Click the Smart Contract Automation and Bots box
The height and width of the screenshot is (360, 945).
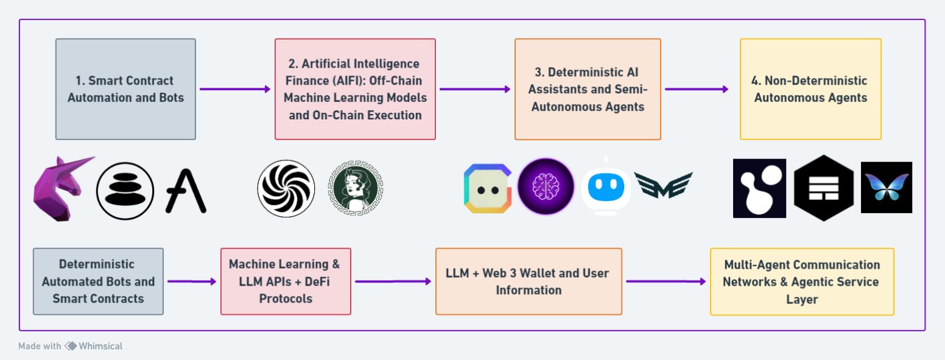point(125,90)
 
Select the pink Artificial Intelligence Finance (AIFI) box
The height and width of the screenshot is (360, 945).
point(355,90)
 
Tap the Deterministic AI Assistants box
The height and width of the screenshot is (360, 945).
point(588,90)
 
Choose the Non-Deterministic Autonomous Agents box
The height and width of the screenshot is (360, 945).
point(810,90)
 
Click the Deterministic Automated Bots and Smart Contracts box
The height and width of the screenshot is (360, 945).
point(98,281)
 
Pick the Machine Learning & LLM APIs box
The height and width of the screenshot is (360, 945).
point(286,281)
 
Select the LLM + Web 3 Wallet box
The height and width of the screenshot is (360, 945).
point(529,281)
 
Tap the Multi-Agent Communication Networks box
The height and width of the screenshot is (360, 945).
point(802,281)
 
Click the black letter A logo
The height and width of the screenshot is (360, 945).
point(186,190)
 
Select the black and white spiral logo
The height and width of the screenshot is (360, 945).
point(286,188)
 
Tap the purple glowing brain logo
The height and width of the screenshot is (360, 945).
point(546,186)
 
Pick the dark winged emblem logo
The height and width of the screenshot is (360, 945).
point(663,185)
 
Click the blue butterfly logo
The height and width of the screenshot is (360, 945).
point(886,187)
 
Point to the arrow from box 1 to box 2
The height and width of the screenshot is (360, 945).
point(234,90)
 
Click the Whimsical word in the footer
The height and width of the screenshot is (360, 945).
point(101,346)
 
